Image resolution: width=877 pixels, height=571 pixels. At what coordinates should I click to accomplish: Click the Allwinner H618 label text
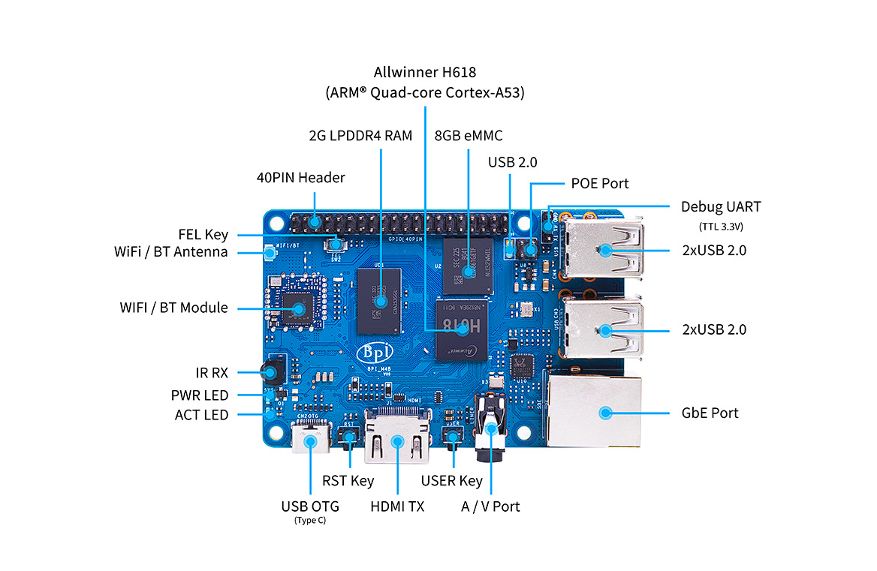point(424,73)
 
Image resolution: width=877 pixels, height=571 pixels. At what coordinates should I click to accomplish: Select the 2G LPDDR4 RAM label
point(360,136)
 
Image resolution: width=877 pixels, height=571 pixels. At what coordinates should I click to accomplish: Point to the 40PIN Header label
point(300,178)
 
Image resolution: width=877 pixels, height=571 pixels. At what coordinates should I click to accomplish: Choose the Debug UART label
point(720,206)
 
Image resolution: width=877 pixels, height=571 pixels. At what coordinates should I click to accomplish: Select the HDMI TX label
point(396,506)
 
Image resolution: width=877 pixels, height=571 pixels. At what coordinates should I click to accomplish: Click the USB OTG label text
point(310,506)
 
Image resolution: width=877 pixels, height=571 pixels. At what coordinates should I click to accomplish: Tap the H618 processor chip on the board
point(460,329)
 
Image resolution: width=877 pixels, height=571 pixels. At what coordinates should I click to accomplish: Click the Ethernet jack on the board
point(595,411)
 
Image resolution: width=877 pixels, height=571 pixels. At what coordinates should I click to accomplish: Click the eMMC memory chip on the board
point(468,266)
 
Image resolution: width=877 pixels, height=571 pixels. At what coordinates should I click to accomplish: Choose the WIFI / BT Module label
point(173,308)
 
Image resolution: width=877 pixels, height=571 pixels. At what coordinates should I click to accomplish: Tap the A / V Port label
point(490,506)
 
